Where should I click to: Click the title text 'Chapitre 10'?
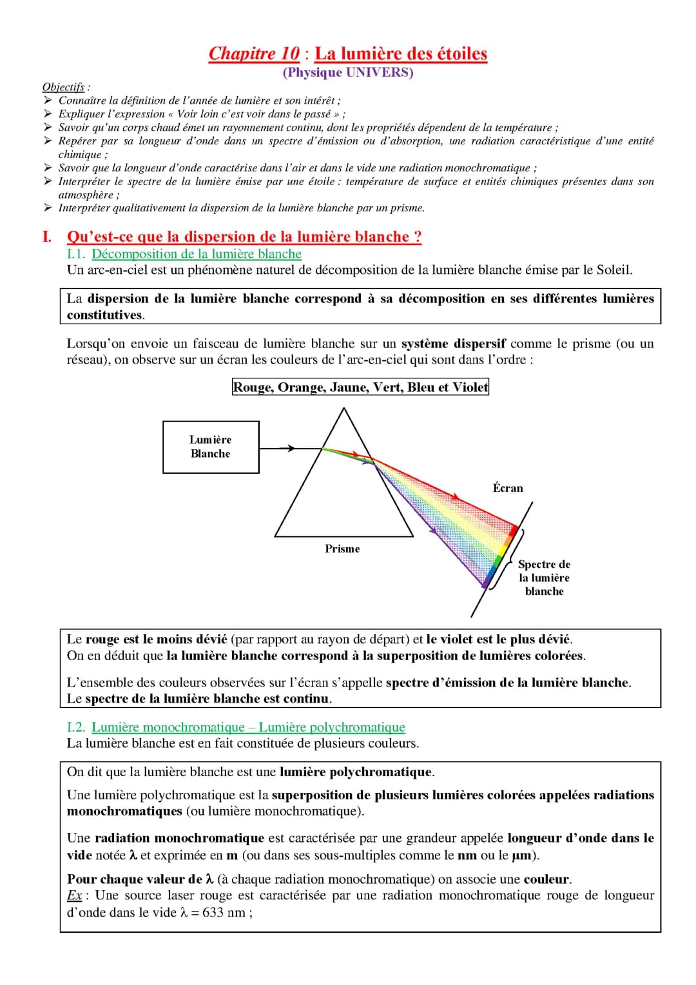pyautogui.click(x=254, y=54)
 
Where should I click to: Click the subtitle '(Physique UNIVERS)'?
pyautogui.click(x=348, y=72)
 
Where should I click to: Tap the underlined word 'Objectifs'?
pyautogui.click(x=63, y=87)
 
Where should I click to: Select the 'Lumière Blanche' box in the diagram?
pyautogui.click(x=211, y=447)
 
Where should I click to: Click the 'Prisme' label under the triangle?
pyautogui.click(x=342, y=549)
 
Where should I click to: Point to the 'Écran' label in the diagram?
pyautogui.click(x=508, y=488)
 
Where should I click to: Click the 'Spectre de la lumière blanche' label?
pyautogui.click(x=544, y=578)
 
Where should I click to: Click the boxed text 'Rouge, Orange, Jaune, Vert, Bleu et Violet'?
pyautogui.click(x=360, y=387)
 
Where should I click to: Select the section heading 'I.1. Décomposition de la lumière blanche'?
pyautogui.click(x=184, y=254)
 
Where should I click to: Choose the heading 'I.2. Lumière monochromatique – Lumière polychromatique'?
pyautogui.click(x=236, y=727)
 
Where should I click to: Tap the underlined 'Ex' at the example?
pyautogui.click(x=74, y=895)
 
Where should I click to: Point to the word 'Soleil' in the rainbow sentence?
pyautogui.click(x=614, y=270)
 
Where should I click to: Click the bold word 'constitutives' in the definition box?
pyautogui.click(x=105, y=315)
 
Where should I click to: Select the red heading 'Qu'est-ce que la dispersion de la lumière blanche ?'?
pyautogui.click(x=244, y=237)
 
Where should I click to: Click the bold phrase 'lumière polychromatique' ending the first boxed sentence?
pyautogui.click(x=356, y=772)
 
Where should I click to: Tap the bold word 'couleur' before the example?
pyautogui.click(x=546, y=879)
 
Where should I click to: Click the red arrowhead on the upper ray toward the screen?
pyautogui.click(x=456, y=497)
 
